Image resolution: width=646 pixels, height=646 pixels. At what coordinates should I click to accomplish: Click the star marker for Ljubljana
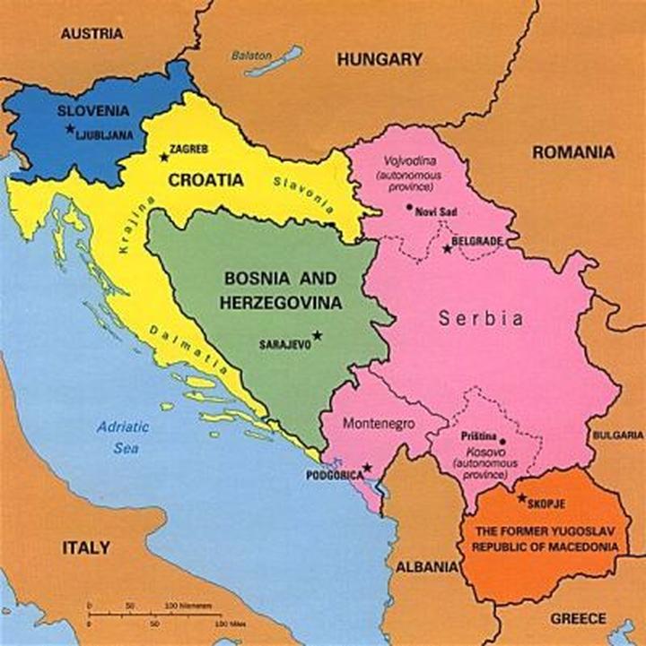[70, 129]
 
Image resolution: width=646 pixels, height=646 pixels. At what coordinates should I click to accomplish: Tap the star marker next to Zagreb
[163, 157]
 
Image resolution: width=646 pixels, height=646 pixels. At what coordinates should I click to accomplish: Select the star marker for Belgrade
[448, 248]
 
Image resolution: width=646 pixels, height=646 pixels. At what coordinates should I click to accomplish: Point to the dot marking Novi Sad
[409, 207]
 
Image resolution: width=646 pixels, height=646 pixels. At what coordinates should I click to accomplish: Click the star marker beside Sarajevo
[316, 335]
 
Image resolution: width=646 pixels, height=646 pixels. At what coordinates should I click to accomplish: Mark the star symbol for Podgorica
[367, 468]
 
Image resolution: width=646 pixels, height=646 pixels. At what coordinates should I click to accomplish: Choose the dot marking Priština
[502, 441]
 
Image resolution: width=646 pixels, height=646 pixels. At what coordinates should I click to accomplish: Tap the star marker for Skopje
[521, 498]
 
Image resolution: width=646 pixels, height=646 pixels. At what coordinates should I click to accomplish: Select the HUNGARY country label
[380, 60]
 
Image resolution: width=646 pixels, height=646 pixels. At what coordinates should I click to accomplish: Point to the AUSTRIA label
[91, 34]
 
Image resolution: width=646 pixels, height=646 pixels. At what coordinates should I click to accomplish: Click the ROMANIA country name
[573, 152]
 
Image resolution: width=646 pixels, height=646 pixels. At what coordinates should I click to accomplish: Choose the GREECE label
[578, 619]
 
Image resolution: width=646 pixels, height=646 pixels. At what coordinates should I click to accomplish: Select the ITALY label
[86, 547]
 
